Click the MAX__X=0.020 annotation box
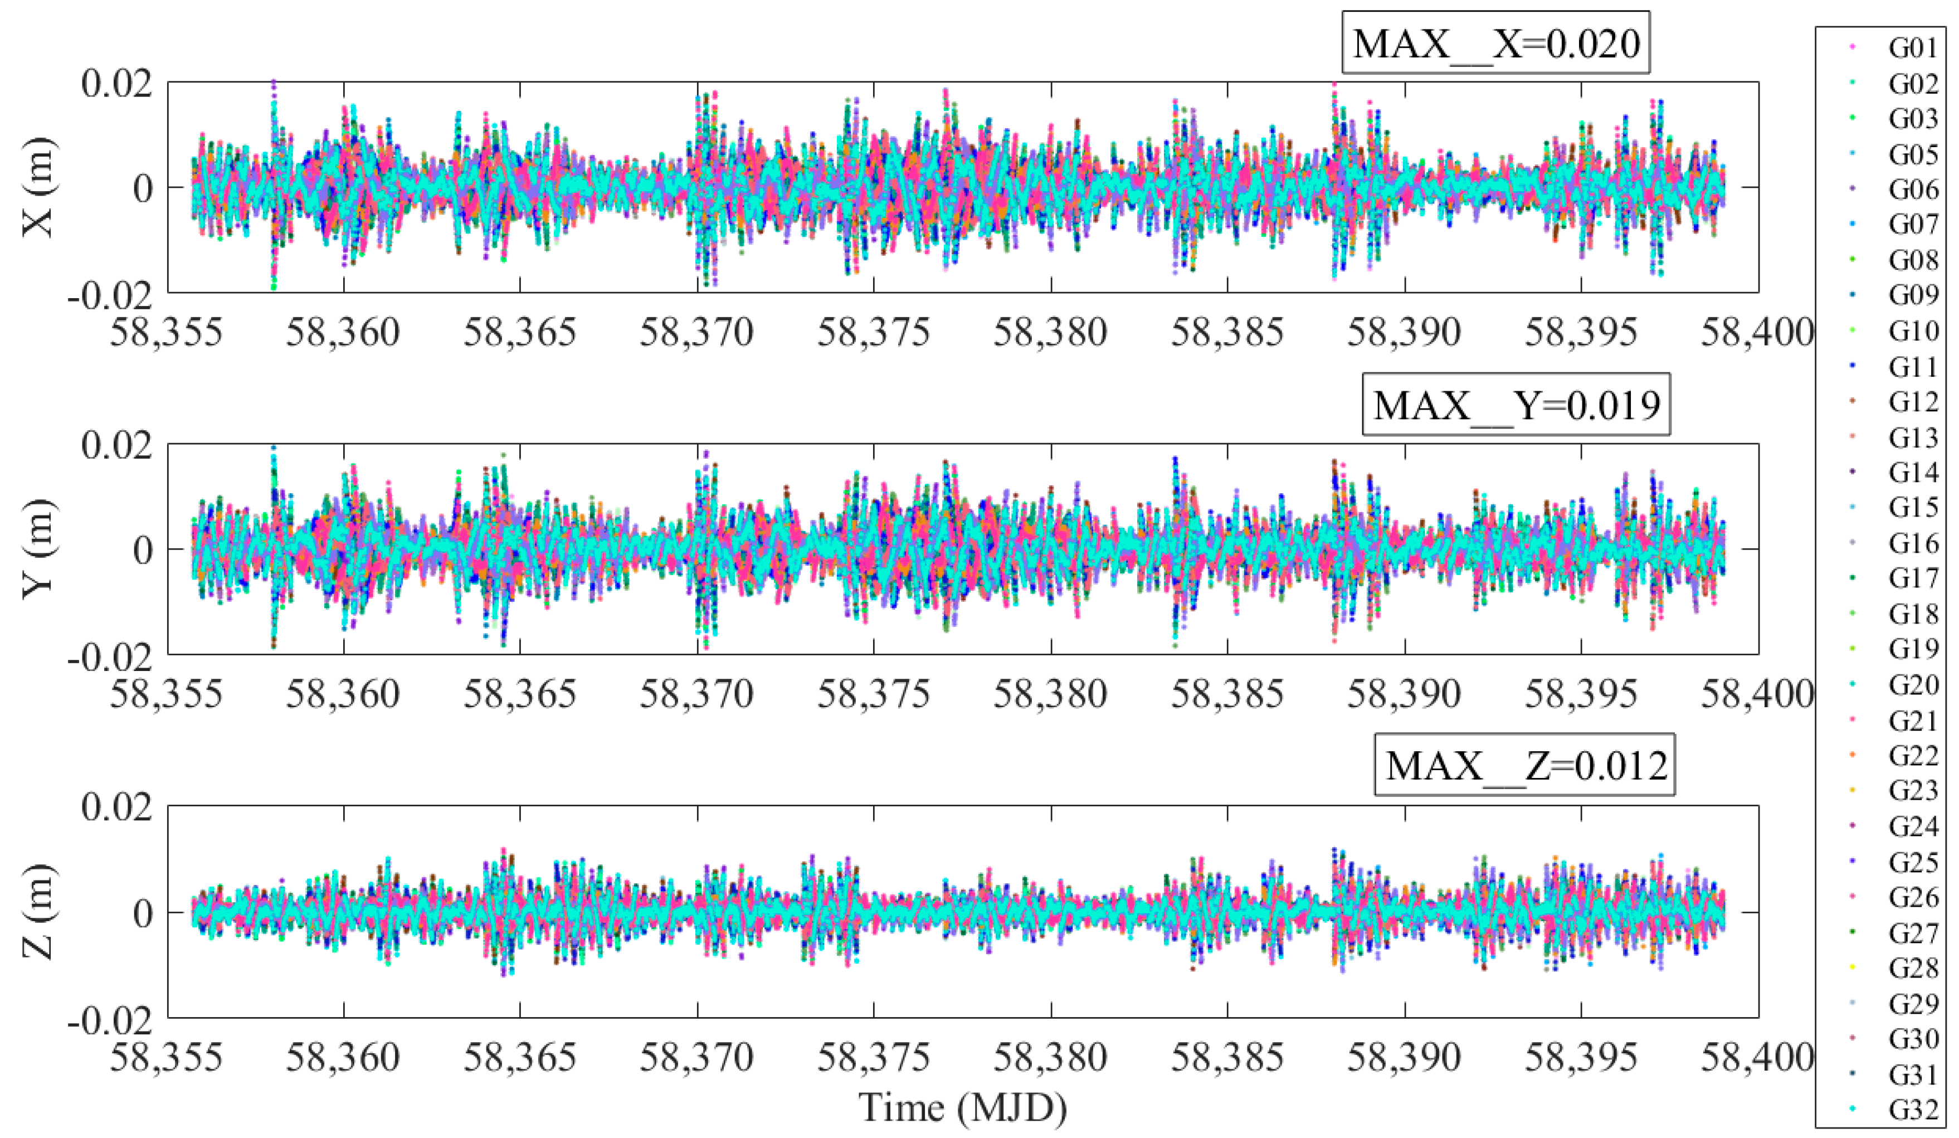tap(1495, 43)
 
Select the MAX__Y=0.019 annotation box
tap(1516, 406)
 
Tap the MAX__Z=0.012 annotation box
tap(1524, 766)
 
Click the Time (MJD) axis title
tap(962, 1107)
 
